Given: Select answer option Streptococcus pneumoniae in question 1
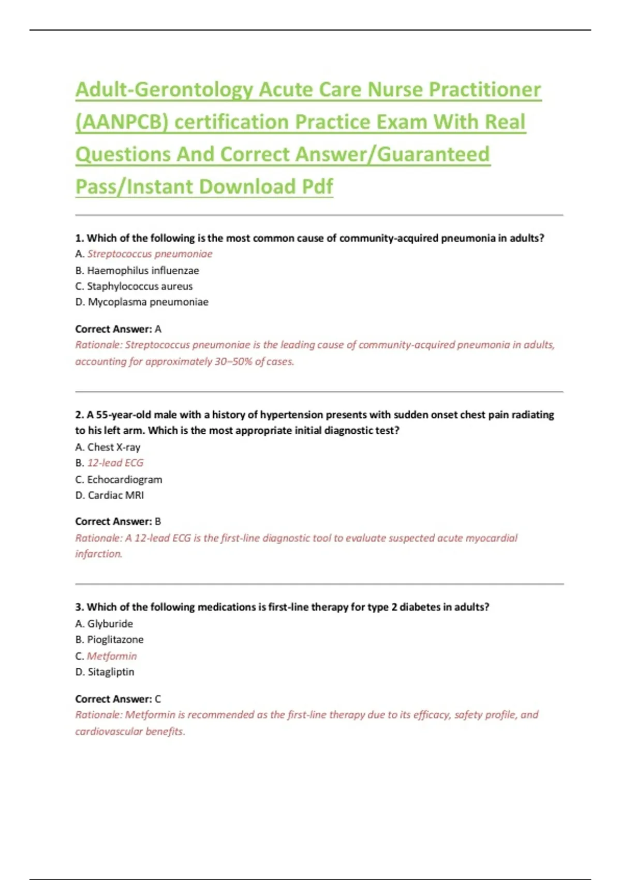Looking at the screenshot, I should click(x=150, y=254).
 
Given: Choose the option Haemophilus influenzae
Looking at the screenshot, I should click(x=143, y=270).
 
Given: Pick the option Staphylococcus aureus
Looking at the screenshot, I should click(x=140, y=286).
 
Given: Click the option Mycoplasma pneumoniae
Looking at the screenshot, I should click(x=148, y=302).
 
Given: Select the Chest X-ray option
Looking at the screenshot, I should click(x=114, y=447).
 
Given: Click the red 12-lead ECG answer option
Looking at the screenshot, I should click(x=115, y=463).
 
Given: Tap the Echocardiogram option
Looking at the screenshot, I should click(x=124, y=479).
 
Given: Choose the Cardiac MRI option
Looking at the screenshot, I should click(x=116, y=495).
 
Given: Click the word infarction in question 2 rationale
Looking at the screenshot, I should click(x=99, y=554).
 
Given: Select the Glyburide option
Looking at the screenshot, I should click(x=110, y=624).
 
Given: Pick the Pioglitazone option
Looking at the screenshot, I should click(x=115, y=640).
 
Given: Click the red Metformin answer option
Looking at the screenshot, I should click(x=112, y=656).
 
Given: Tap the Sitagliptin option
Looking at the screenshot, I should click(x=111, y=672).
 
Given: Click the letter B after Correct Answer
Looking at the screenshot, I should click(x=158, y=522).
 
